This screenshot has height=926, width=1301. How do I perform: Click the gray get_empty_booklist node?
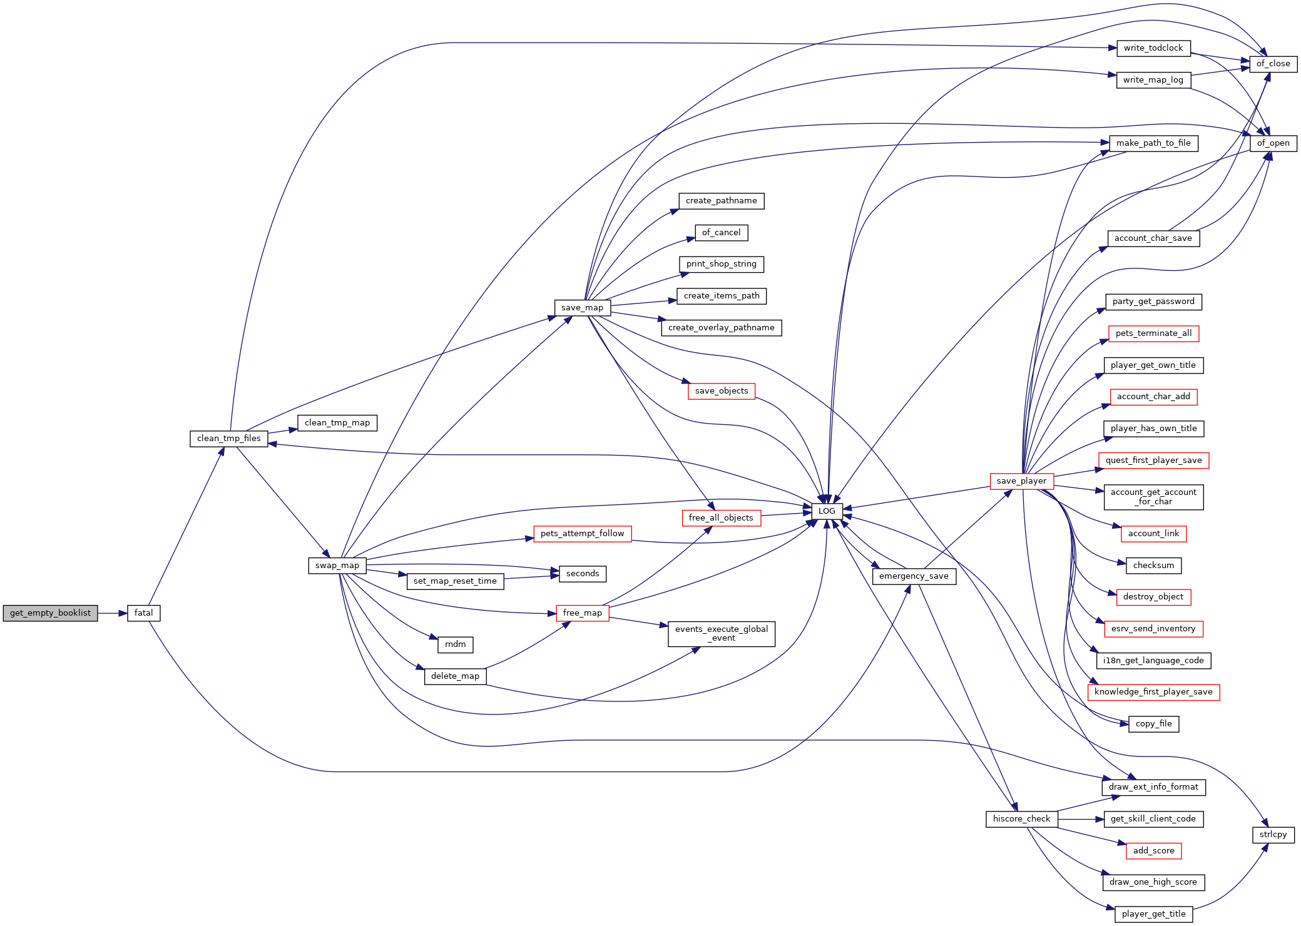click(50, 613)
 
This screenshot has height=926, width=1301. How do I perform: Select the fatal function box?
click(144, 613)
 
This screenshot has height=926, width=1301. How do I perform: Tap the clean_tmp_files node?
click(229, 439)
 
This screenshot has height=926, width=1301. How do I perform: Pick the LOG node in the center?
click(827, 511)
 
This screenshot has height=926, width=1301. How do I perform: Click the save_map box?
click(583, 308)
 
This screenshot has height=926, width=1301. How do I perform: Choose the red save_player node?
click(1022, 481)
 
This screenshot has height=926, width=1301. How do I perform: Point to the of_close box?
click(1273, 64)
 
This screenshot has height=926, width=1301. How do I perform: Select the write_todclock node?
click(1153, 48)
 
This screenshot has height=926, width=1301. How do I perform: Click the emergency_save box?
click(914, 576)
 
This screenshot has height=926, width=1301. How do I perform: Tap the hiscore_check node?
click(1022, 819)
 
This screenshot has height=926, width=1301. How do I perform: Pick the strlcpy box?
click(1273, 835)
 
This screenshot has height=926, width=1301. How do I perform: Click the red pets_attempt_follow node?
click(583, 534)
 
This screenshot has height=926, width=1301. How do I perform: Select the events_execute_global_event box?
click(722, 634)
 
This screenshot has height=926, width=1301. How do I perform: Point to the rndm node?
click(456, 644)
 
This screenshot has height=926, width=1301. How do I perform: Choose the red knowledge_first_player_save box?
click(1153, 692)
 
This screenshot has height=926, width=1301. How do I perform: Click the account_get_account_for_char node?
click(1153, 497)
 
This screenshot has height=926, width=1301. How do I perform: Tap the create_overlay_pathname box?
click(722, 328)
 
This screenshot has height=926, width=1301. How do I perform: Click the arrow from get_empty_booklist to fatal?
click(113, 613)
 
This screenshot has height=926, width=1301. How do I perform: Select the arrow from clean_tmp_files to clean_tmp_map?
click(283, 431)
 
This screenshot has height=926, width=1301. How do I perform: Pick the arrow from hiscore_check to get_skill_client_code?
click(1081, 819)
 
